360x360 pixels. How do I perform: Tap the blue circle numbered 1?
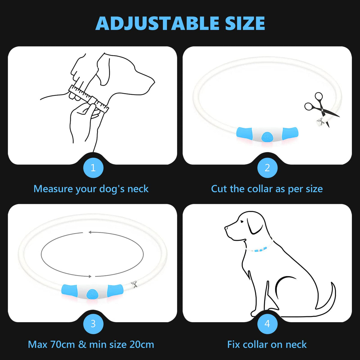(x=93, y=167)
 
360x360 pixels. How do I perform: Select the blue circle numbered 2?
(x=267, y=167)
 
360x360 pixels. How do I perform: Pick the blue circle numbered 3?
(x=93, y=324)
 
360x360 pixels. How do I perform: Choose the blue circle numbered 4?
(x=267, y=324)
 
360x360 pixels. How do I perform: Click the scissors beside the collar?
(x=319, y=106)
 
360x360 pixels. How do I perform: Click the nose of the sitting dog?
(x=226, y=229)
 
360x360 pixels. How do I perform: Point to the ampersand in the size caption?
(x=82, y=344)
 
